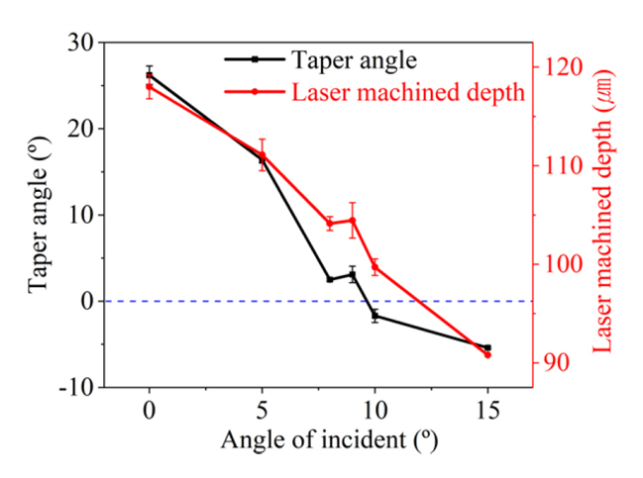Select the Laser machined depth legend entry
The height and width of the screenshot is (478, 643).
click(407, 92)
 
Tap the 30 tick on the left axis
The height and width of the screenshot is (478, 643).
click(82, 43)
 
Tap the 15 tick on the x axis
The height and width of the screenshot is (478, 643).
click(486, 409)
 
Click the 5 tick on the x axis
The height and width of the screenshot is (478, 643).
click(262, 409)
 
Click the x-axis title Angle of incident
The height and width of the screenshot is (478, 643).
click(317, 437)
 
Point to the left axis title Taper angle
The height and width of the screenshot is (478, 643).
click(38, 215)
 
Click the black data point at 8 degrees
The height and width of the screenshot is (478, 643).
click(330, 279)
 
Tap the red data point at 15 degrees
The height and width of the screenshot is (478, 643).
click(487, 354)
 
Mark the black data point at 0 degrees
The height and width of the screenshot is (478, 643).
click(150, 74)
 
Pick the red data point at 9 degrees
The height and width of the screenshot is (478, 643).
click(352, 220)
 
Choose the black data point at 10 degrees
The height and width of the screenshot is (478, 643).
click(375, 316)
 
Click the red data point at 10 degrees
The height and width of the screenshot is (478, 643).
click(375, 266)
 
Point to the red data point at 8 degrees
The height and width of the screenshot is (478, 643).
click(330, 223)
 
